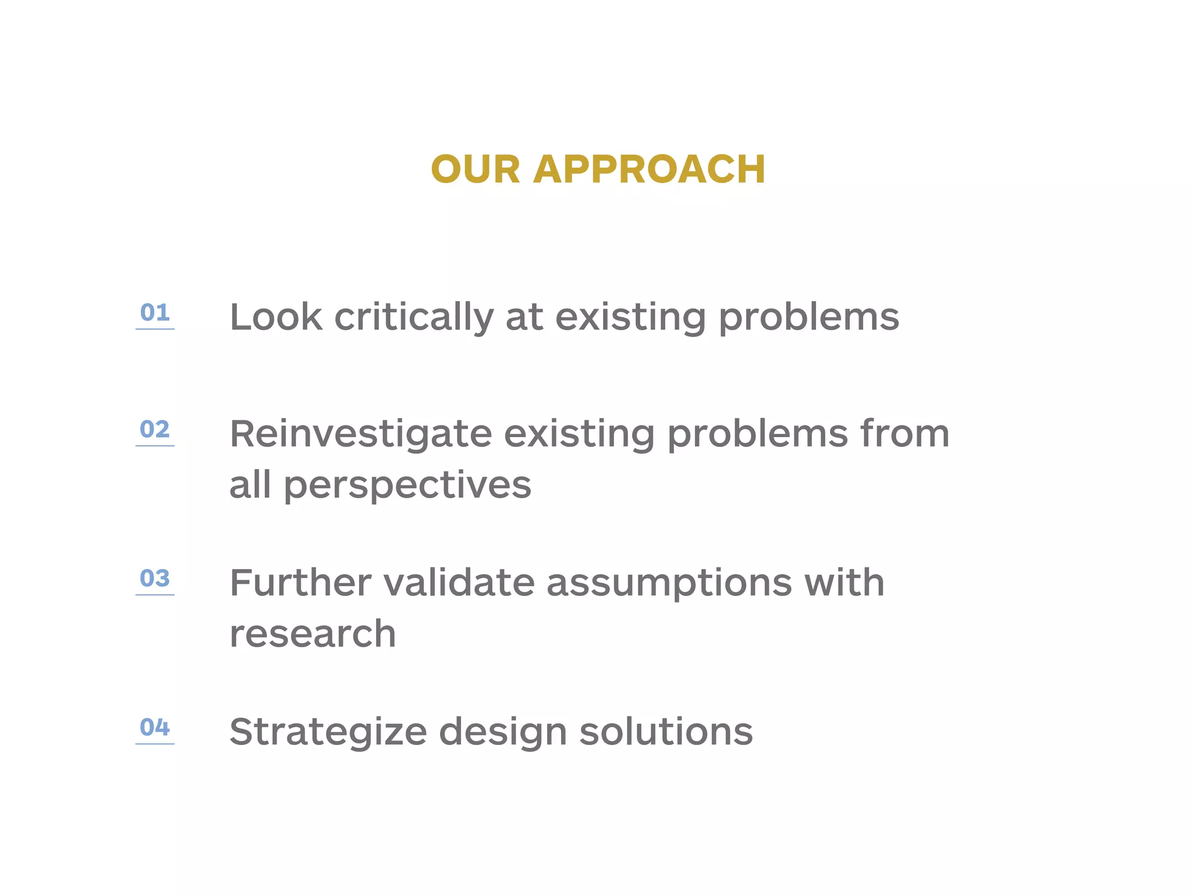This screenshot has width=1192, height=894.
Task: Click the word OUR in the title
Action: (x=476, y=169)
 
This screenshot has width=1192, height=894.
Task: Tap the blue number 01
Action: (x=155, y=313)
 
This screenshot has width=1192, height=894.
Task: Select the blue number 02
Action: (x=155, y=430)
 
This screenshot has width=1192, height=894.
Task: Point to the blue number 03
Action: (x=155, y=579)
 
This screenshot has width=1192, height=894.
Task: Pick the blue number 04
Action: (x=155, y=727)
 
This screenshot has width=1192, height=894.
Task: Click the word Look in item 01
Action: (x=276, y=317)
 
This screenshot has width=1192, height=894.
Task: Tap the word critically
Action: (x=414, y=318)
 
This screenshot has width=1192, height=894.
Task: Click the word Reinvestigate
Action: (x=361, y=435)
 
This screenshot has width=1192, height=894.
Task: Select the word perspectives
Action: (x=407, y=486)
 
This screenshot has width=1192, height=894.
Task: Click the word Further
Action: (x=300, y=583)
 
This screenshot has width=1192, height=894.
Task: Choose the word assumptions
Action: (x=669, y=584)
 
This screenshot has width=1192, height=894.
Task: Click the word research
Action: (x=313, y=634)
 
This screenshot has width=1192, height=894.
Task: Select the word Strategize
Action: (x=328, y=733)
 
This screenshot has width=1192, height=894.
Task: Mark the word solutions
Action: (x=666, y=732)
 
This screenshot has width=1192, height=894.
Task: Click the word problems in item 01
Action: (x=809, y=318)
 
